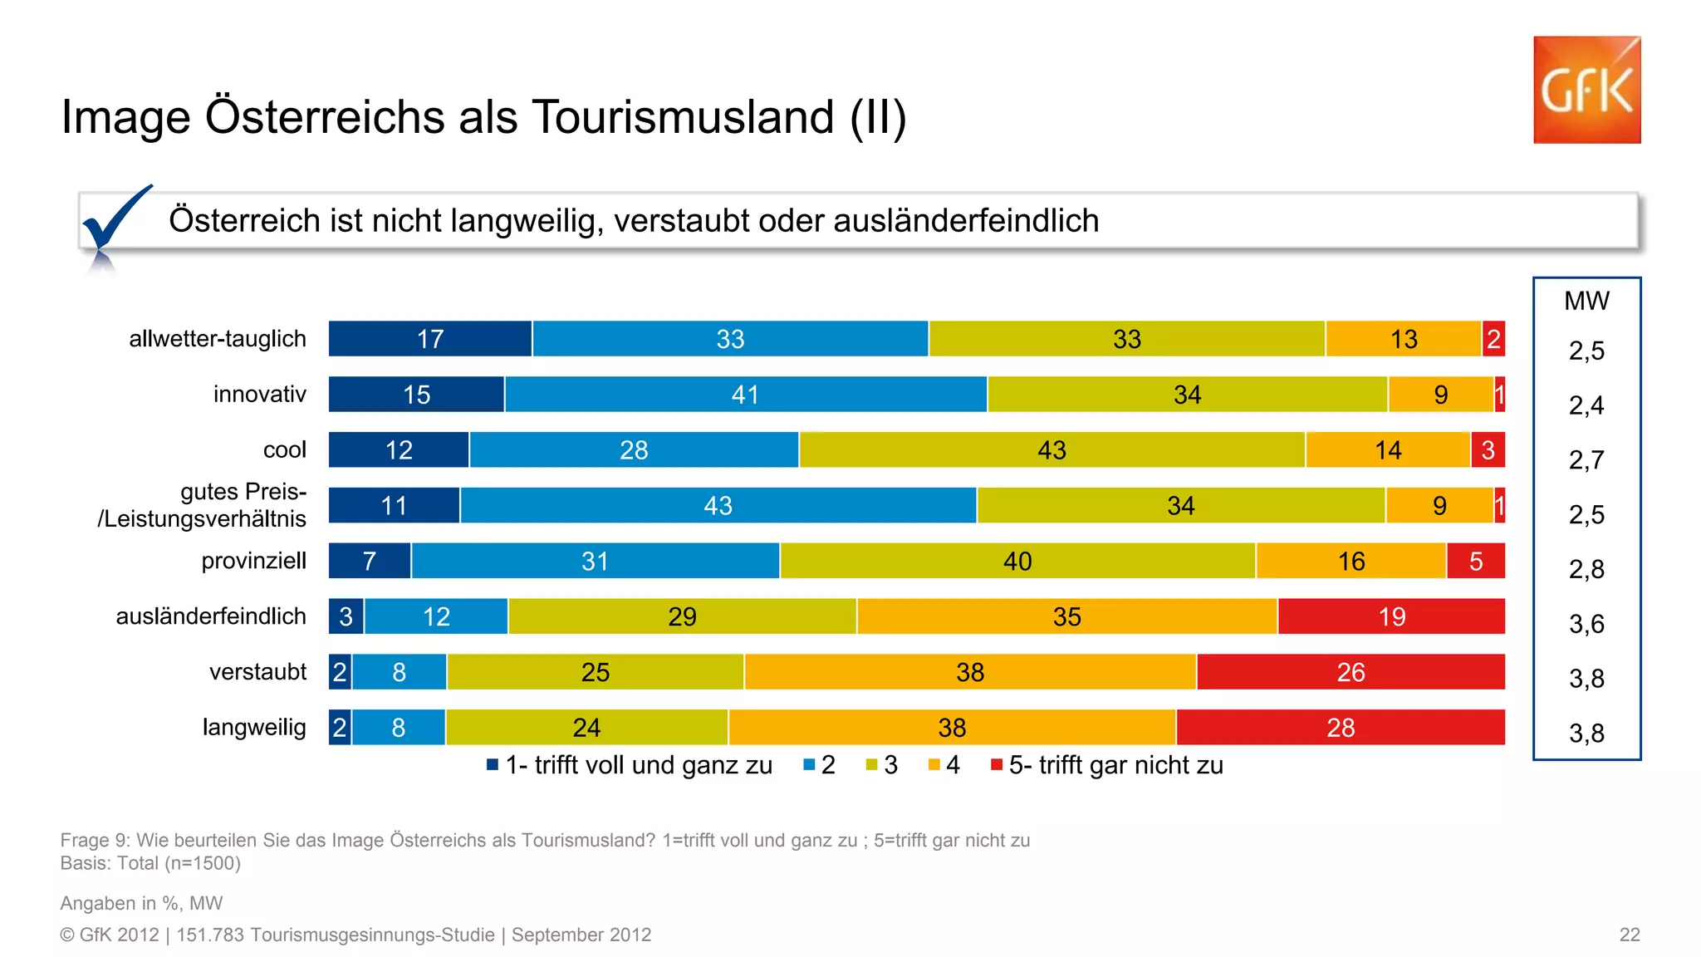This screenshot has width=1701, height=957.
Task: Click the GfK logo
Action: click(x=1586, y=90)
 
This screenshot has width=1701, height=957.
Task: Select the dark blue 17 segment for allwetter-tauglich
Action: click(x=429, y=339)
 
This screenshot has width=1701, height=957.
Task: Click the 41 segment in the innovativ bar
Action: click(x=745, y=395)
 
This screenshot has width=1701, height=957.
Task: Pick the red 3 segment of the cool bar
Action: click(x=1488, y=450)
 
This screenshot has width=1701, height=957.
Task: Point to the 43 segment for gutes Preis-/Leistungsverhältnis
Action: click(x=718, y=506)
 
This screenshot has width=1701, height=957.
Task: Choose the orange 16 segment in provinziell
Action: click(x=1351, y=562)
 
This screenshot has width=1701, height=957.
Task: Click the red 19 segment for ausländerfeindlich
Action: click(x=1391, y=616)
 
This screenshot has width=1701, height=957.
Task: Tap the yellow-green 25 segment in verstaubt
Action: click(x=595, y=672)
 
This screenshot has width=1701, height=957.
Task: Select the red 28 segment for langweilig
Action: click(x=1340, y=728)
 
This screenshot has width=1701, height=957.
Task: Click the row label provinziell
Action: click(x=253, y=561)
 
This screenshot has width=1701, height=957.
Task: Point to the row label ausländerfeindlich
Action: click(x=211, y=616)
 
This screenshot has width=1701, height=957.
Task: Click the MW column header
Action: click(x=1586, y=301)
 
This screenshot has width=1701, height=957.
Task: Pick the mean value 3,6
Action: click(x=1586, y=624)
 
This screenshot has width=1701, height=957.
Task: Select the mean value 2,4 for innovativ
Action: click(x=1586, y=405)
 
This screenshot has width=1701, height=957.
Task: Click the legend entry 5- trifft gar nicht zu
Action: click(x=1114, y=765)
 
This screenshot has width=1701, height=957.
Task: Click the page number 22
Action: click(x=1629, y=935)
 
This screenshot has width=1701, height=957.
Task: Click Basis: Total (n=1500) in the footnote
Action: click(x=150, y=863)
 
